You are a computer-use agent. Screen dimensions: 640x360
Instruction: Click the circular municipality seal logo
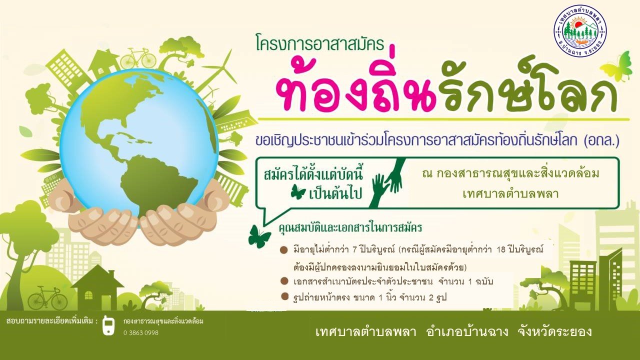580,30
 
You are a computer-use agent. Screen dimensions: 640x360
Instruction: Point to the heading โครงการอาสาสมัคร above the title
320,44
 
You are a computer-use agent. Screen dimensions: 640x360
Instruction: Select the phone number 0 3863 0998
141,333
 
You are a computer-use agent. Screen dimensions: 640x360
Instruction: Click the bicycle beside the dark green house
47,297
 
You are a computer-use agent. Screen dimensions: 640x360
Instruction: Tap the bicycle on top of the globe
138,58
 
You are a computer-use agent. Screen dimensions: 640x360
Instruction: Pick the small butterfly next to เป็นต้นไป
298,191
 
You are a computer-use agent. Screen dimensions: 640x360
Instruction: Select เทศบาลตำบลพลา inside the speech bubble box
510,194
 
